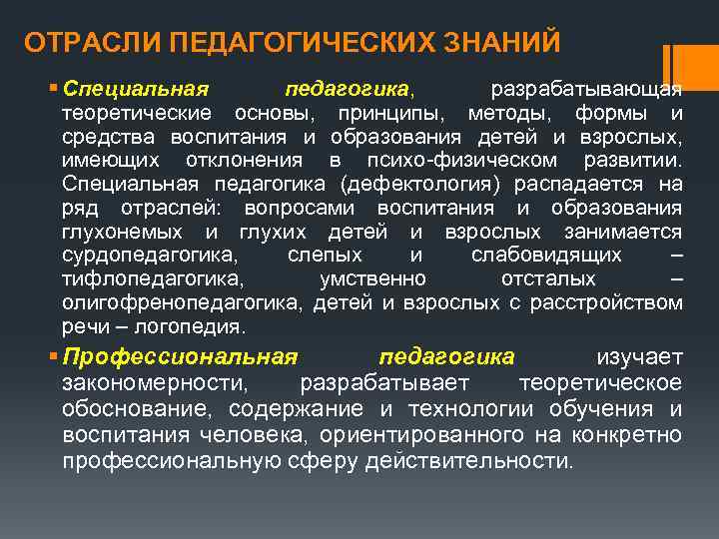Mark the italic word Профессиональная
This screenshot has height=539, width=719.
coord(180,357)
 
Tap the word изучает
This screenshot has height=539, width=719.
coord(639,357)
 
